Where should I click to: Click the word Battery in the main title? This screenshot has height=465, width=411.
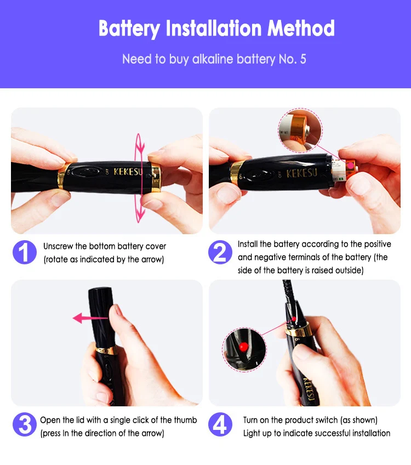point(129,29)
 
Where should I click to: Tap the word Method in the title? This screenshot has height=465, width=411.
point(301,28)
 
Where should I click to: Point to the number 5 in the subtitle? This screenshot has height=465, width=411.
point(303,59)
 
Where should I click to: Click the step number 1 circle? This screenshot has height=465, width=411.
point(25,252)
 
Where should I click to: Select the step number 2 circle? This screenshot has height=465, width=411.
point(220,252)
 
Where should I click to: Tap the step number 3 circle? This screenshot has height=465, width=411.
point(25,424)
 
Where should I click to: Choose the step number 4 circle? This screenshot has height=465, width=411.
point(220,424)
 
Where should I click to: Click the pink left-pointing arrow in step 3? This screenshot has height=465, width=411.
point(90,318)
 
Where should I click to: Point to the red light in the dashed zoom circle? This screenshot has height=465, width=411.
point(243,347)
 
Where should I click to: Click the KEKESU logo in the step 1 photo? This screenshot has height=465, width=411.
point(128,172)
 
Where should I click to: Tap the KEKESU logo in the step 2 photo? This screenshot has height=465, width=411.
point(301,173)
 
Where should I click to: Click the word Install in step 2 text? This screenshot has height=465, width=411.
point(248,244)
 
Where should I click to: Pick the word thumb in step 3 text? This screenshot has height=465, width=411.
point(186,420)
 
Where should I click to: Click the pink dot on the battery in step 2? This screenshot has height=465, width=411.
point(351,166)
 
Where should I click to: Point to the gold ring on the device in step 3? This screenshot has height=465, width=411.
point(106,350)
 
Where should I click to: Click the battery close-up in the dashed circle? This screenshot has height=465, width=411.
point(300,131)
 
